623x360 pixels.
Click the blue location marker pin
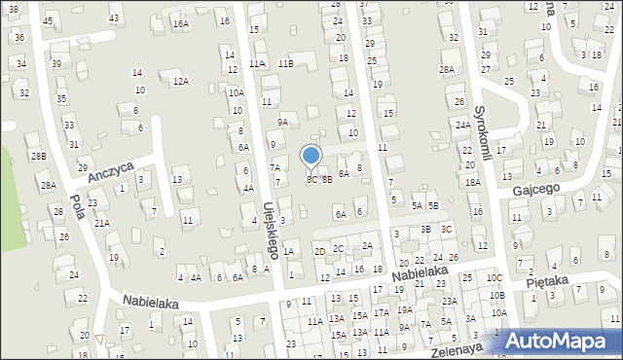pyautogui.click(x=311, y=157)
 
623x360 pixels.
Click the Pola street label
pyautogui.click(x=76, y=207)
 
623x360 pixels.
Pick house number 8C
pyautogui.click(x=311, y=179)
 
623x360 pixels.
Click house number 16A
pyautogui.click(x=180, y=23)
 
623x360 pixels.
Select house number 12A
pyautogui.click(x=180, y=82)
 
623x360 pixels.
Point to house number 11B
pyautogui.click(x=285, y=63)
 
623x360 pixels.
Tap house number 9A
pyautogui.click(x=282, y=122)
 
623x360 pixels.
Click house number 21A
pyautogui.click(x=101, y=223)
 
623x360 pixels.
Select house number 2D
pyautogui.click(x=319, y=252)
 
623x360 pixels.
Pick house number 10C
pyautogui.click(x=495, y=277)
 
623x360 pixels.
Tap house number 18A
pyautogui.click(x=473, y=182)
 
